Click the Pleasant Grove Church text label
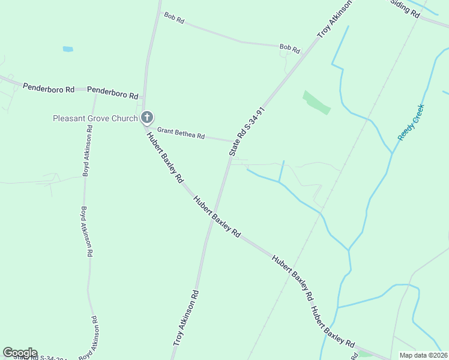coord(95,118)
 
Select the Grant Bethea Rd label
coord(181,133)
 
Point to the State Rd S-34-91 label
coord(247,132)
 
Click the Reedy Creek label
coord(411,122)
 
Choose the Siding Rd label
coord(405,8)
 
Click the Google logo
coord(20,353)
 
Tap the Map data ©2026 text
coord(423,355)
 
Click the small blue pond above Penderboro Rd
coord(68,49)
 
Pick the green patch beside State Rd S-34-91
coord(316,102)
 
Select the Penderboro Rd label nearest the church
coord(113,92)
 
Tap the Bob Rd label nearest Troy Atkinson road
coord(289,47)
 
